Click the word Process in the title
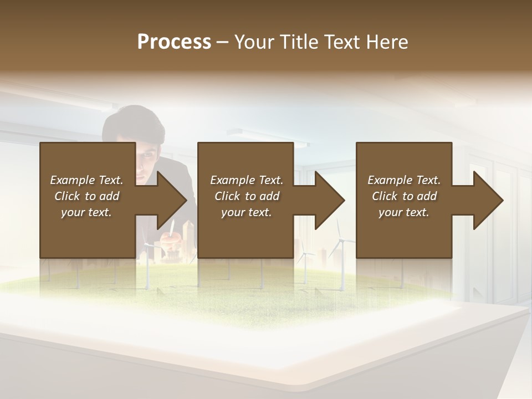tap(174, 42)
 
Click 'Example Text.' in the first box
tap(86, 180)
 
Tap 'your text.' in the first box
tap(86, 212)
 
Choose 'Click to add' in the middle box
tap(247, 196)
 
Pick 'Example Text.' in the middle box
tap(247, 180)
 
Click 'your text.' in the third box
tap(404, 212)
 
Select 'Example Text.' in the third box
tap(404, 180)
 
